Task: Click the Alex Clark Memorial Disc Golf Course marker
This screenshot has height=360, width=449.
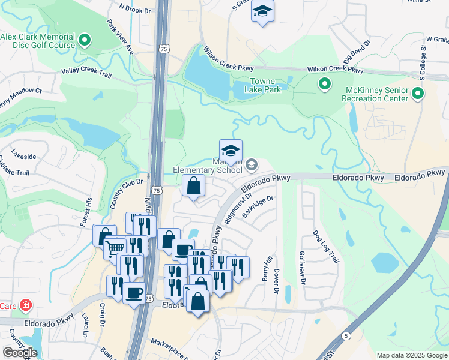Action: tap(85, 41)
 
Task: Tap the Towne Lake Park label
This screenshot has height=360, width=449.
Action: tap(262, 86)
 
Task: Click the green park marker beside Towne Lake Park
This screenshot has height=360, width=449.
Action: tap(325, 85)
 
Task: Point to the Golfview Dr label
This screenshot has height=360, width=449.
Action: tap(303, 268)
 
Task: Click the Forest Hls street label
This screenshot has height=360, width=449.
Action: tap(86, 212)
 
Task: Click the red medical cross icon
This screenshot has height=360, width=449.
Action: tap(25, 305)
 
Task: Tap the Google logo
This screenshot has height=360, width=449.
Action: tap(20, 352)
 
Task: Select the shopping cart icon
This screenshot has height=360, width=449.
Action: tap(115, 248)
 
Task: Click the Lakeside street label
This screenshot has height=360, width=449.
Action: tap(24, 157)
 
